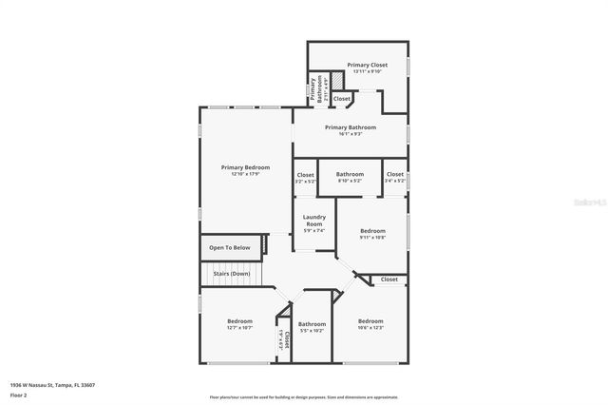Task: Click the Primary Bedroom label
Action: click(x=245, y=167)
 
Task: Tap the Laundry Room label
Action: click(x=313, y=221)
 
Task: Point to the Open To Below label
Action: click(x=229, y=248)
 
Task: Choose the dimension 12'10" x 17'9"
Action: click(x=245, y=174)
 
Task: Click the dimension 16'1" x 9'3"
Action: click(x=351, y=134)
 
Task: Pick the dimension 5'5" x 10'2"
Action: click(x=313, y=331)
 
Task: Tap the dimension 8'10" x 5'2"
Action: click(x=350, y=181)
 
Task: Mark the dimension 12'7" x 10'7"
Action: click(x=239, y=328)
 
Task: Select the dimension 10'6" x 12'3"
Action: click(x=370, y=328)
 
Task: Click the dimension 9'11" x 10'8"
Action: click(x=372, y=238)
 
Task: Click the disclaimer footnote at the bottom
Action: click(x=304, y=396)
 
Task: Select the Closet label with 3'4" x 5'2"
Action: click(x=395, y=174)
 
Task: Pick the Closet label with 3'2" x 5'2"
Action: click(x=305, y=175)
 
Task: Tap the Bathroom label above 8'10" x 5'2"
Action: click(x=350, y=174)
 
